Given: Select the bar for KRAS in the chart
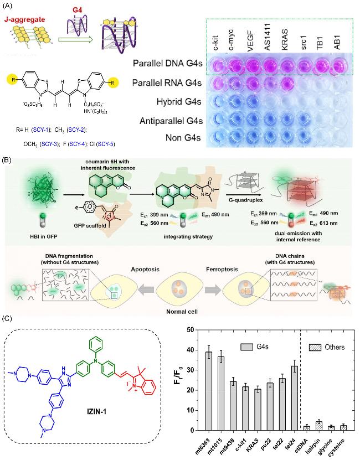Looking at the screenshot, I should (258, 410).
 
